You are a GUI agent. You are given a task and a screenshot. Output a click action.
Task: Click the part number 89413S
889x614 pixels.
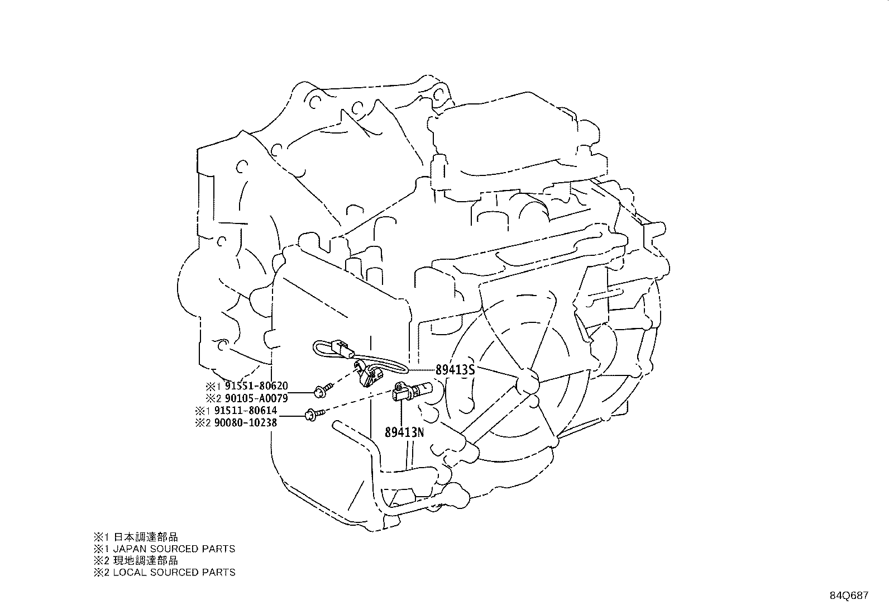[455, 370]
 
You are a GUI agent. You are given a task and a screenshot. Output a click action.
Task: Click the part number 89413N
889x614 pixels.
[404, 432]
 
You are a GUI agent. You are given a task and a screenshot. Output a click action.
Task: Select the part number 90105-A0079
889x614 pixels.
[256, 398]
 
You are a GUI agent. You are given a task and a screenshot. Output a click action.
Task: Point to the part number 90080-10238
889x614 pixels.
[246, 422]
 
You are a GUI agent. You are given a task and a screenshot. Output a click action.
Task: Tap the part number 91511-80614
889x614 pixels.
[246, 410]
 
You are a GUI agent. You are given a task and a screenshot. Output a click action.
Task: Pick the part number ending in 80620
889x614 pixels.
[256, 385]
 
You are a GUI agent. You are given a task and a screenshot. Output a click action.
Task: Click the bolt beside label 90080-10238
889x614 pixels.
[314, 415]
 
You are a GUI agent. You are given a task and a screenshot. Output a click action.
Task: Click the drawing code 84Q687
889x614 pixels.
[849, 596]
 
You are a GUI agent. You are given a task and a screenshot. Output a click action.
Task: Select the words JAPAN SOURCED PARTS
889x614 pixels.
[174, 549]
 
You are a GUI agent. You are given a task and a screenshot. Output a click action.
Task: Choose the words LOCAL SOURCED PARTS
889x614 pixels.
[174, 572]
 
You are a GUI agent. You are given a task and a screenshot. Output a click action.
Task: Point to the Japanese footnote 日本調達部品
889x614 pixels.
[146, 537]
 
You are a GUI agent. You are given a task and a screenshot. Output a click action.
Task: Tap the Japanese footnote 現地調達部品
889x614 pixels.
[146, 560]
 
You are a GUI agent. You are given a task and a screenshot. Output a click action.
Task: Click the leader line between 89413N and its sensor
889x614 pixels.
[401, 413]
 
